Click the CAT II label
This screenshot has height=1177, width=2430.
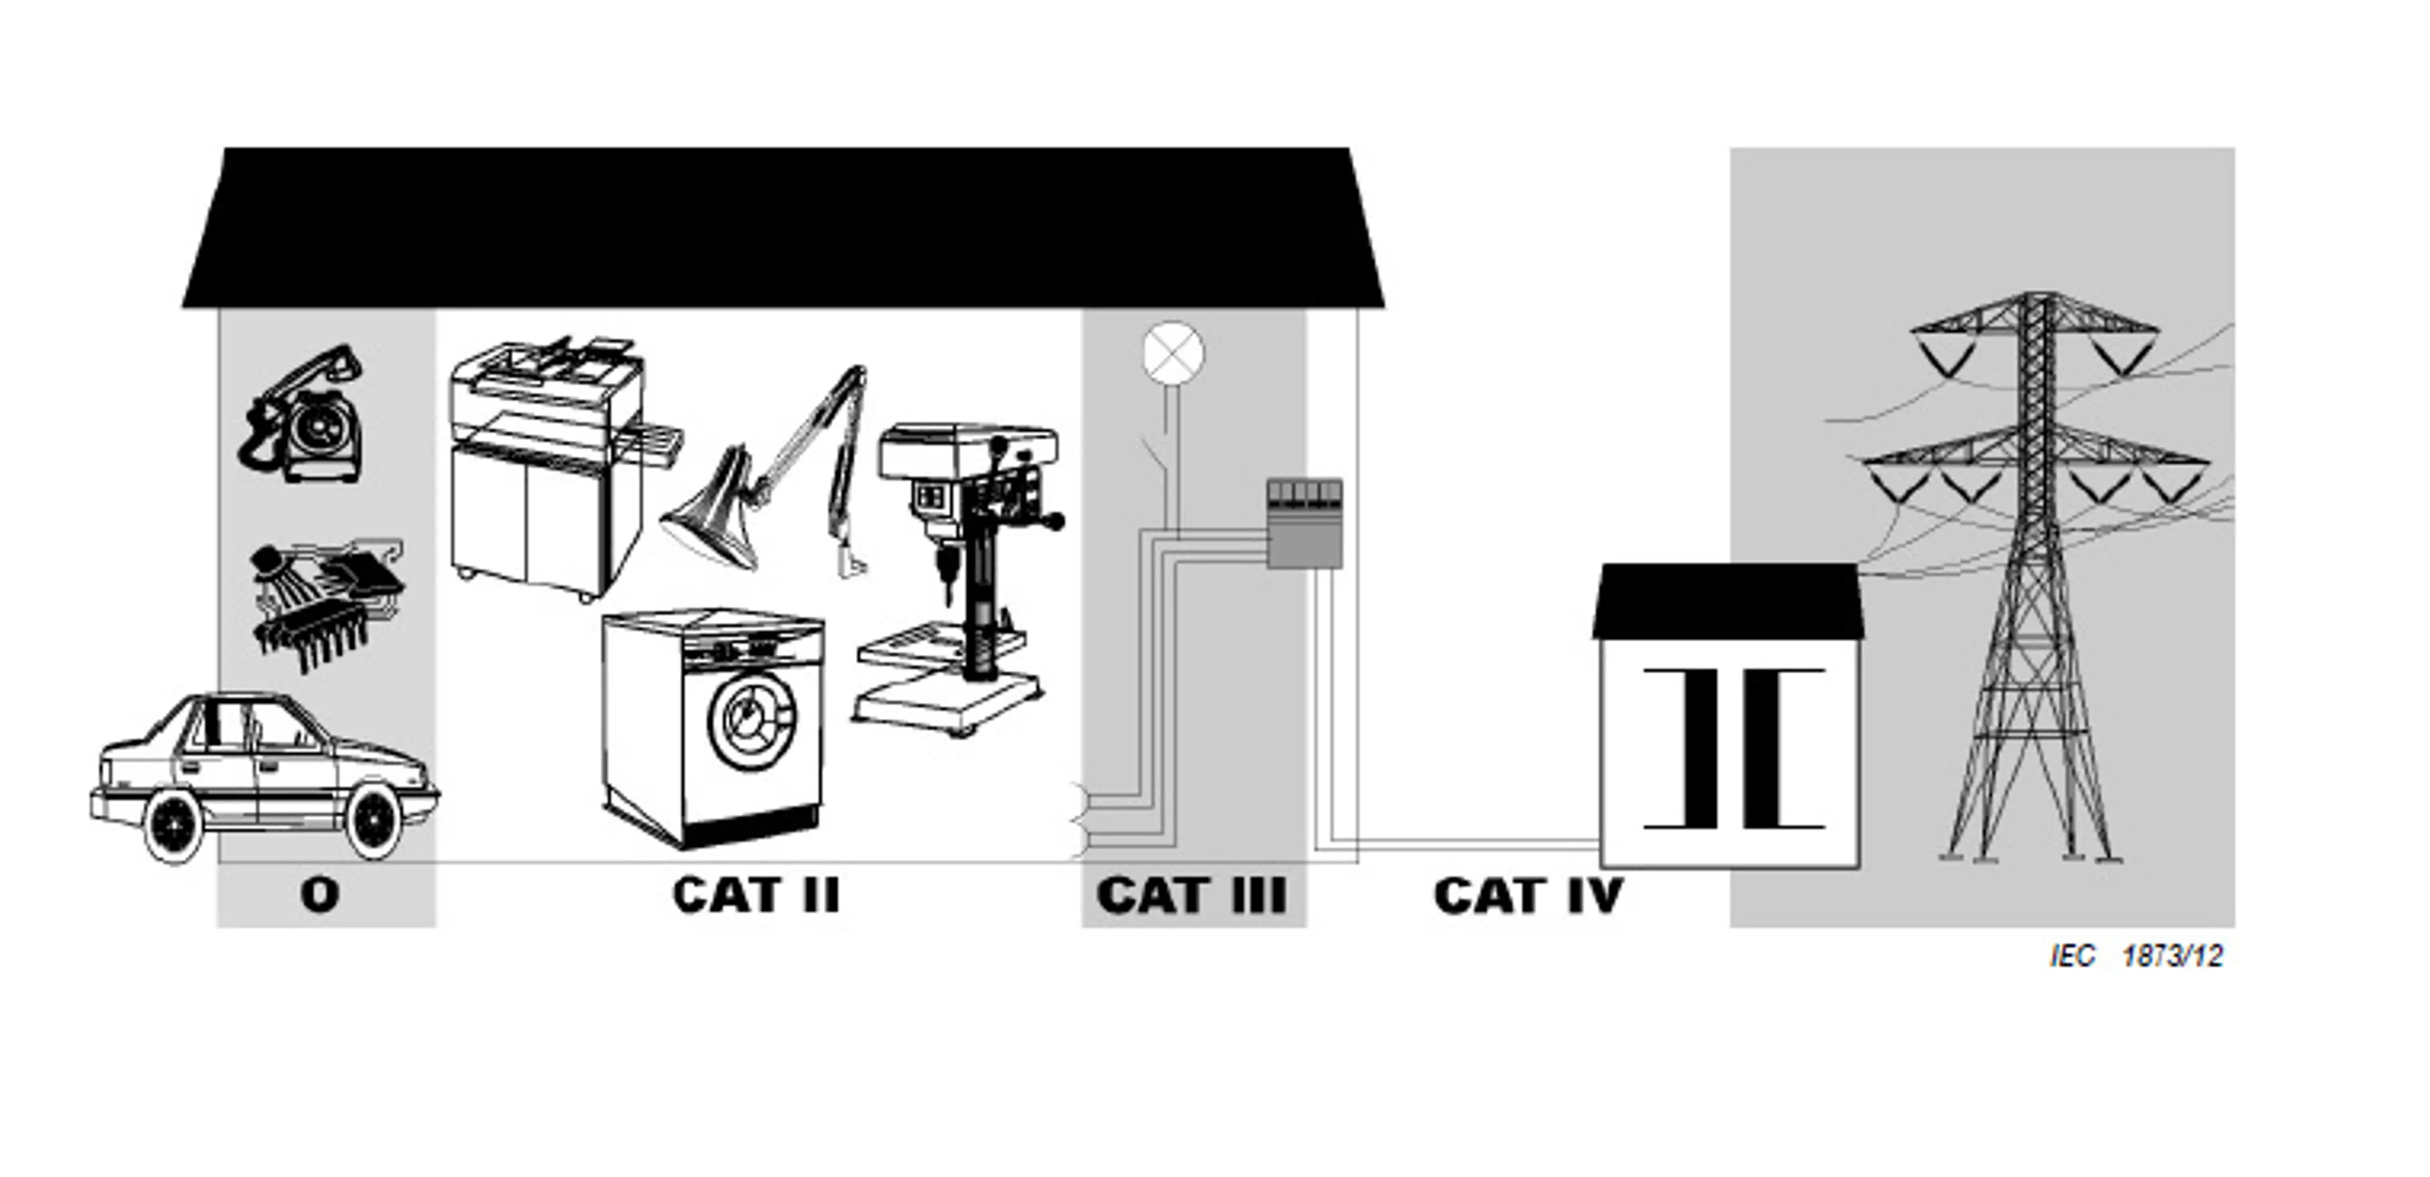click(x=756, y=895)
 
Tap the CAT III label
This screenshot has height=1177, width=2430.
click(x=1192, y=895)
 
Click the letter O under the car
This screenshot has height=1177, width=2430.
click(x=320, y=895)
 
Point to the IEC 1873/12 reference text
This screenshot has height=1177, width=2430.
click(x=2136, y=956)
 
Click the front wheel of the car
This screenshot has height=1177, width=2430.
click(x=375, y=821)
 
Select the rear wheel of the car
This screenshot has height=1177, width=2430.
click(x=175, y=826)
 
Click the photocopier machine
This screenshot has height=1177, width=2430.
click(x=547, y=462)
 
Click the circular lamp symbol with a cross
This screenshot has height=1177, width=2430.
click(x=1173, y=353)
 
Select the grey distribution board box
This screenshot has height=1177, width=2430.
click(x=1304, y=524)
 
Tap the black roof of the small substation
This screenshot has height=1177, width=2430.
click(x=1728, y=600)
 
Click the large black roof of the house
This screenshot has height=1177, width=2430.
click(x=783, y=227)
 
